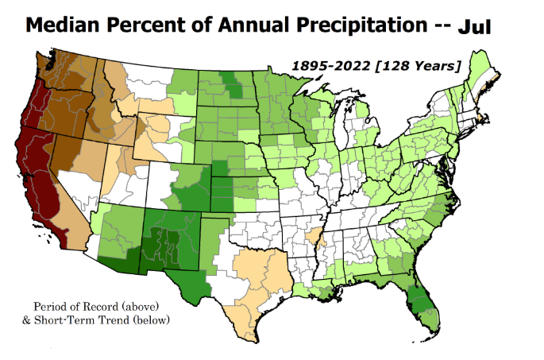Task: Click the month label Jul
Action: tap(474, 28)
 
